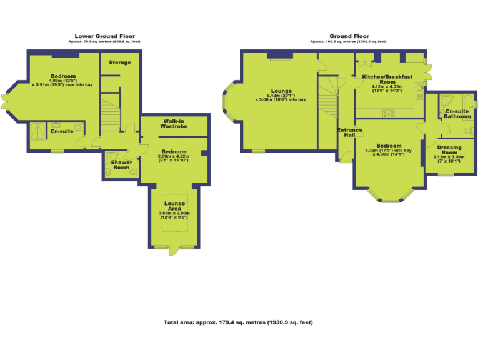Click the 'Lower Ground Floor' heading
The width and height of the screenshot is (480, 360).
pos(105,36)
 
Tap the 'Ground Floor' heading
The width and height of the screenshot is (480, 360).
pos(348,36)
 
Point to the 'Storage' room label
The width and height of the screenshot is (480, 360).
pos(120,62)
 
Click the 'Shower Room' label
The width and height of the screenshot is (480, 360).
pos(121,165)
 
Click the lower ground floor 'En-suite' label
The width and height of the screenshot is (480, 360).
pos(62,132)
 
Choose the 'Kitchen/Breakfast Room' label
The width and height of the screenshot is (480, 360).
pos(387,79)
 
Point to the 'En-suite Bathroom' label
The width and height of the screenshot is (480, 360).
pos(457,114)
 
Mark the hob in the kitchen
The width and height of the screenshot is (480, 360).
pos(389,113)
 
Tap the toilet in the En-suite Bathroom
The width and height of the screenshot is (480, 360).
pos(469,131)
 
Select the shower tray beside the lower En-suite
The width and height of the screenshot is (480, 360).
pos(37,132)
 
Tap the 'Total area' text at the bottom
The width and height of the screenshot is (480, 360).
pos(238,322)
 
